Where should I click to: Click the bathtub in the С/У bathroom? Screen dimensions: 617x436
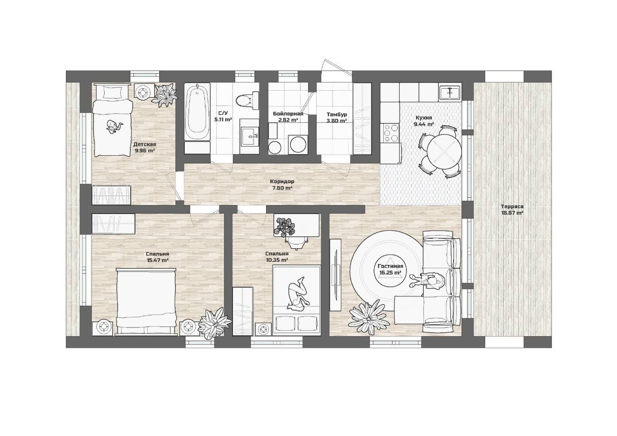(197, 112)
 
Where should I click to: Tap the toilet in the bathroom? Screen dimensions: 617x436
(245, 100)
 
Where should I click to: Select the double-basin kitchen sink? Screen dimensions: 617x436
(450, 93)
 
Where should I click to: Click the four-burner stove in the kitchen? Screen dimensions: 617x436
(390, 133)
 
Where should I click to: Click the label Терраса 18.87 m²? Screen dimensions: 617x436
(512, 209)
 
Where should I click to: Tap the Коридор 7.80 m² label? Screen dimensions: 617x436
(282, 185)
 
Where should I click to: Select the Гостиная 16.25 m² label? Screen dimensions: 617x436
(390, 269)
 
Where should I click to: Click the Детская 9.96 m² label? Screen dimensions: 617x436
(145, 147)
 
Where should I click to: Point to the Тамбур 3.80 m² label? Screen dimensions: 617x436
(336, 117)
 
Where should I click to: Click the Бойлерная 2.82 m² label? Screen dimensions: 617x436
(288, 117)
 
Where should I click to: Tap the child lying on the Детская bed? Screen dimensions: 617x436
(114, 127)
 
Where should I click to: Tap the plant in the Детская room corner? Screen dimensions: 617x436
(165, 95)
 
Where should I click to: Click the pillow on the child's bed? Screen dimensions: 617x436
(112, 92)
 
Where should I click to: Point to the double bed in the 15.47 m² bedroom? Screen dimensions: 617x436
(146, 301)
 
